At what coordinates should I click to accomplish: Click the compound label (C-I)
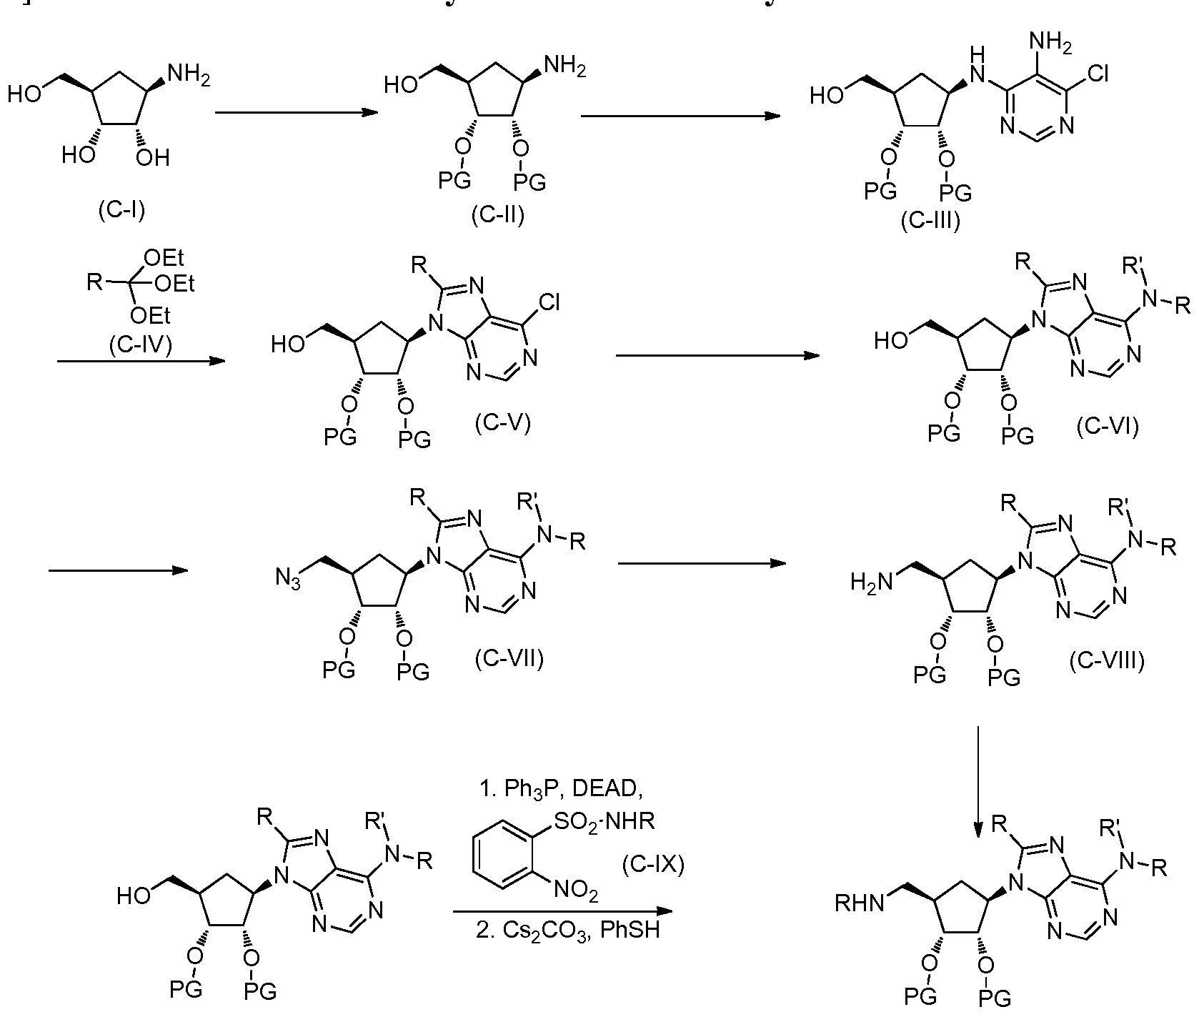[x=121, y=212]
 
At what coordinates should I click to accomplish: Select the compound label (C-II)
[x=498, y=215]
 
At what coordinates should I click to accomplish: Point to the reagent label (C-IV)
[x=141, y=346]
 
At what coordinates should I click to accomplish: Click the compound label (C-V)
[x=502, y=424]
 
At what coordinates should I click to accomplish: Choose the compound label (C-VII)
[x=509, y=658]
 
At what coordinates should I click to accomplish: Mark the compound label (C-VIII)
[x=1107, y=662]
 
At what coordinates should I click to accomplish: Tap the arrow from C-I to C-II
[x=297, y=112]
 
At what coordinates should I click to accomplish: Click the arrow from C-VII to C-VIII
[x=702, y=564]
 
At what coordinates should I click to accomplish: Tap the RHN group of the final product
[x=860, y=904]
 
